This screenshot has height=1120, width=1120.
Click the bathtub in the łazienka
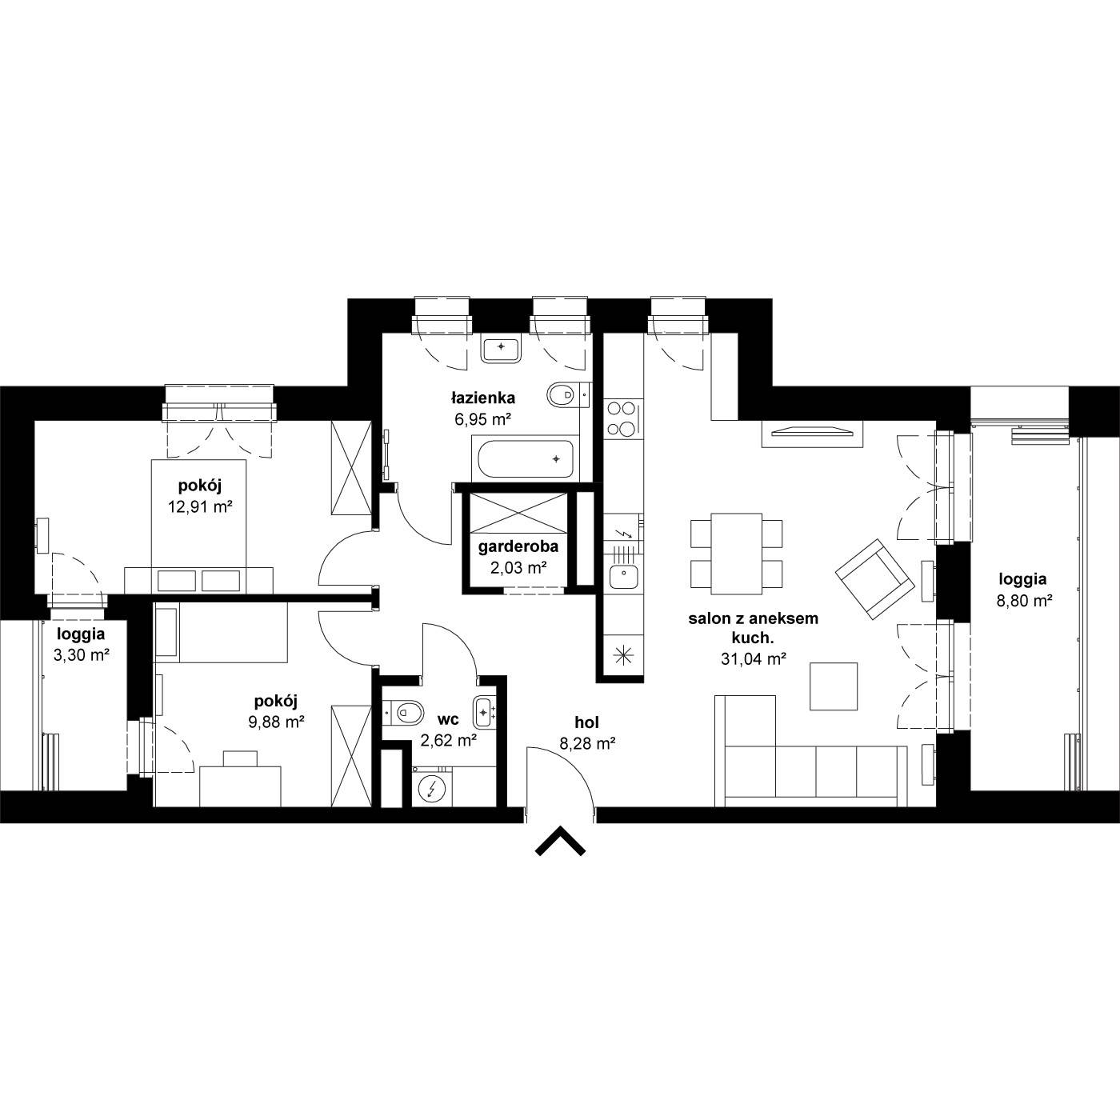click(x=526, y=458)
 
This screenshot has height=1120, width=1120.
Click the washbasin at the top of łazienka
click(x=501, y=348)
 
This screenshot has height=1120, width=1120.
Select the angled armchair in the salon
click(x=873, y=579)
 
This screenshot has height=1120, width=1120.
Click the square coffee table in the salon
click(x=834, y=686)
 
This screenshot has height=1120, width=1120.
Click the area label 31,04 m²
click(x=754, y=659)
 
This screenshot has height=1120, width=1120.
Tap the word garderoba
click(x=518, y=546)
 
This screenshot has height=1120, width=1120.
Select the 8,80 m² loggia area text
click(x=1025, y=601)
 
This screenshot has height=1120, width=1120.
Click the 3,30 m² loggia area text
click(x=82, y=656)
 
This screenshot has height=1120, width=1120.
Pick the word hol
click(x=586, y=722)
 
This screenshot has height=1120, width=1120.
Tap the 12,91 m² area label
click(x=201, y=507)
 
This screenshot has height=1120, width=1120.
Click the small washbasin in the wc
click(x=484, y=711)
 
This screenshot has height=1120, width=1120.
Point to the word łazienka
click(x=482, y=398)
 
